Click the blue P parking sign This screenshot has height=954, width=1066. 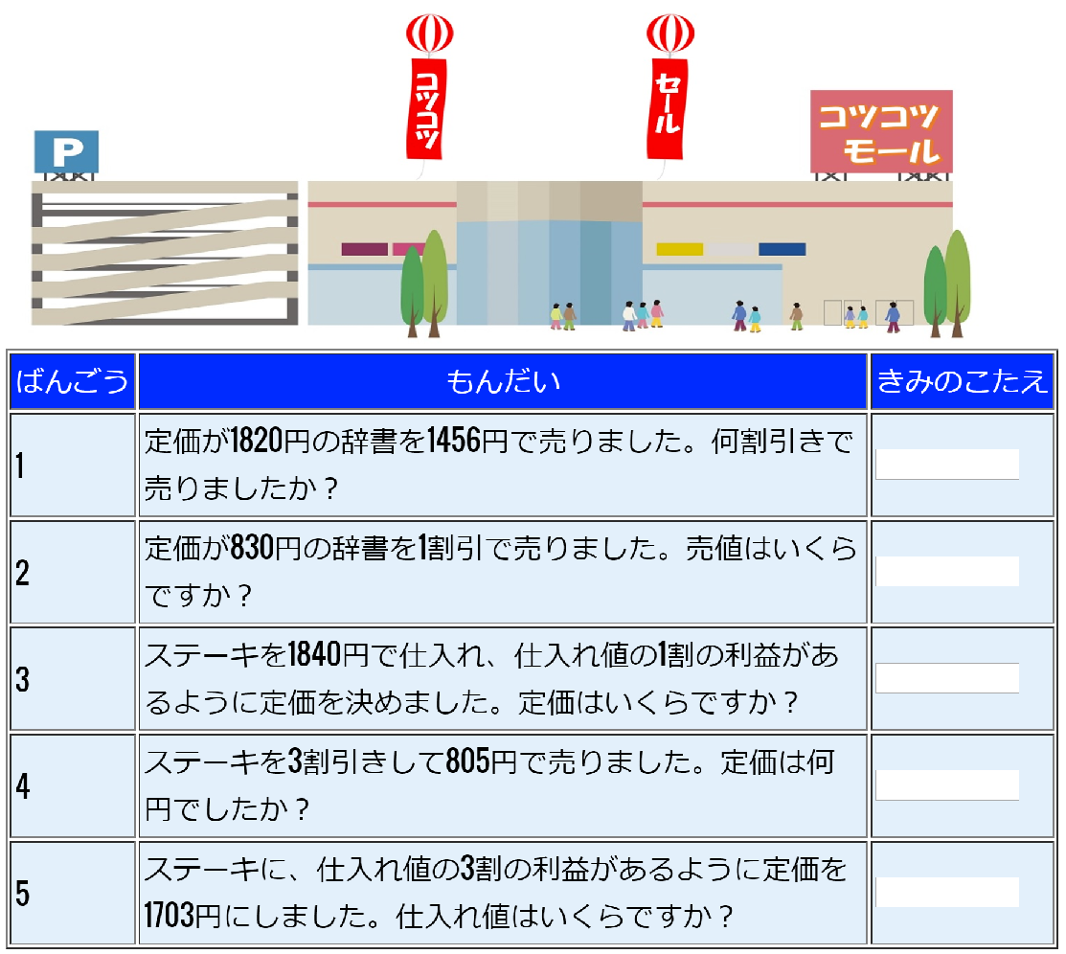(x=66, y=151)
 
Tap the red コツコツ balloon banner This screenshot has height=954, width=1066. (x=428, y=105)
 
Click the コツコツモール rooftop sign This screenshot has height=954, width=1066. (x=881, y=131)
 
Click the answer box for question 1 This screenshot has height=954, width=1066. (x=946, y=465)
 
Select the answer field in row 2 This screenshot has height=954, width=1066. (x=946, y=572)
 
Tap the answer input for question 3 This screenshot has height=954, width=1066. (x=946, y=678)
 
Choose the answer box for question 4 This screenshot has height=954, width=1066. (x=946, y=785)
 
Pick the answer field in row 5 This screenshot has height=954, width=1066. (x=946, y=893)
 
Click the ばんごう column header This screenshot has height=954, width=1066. (x=72, y=381)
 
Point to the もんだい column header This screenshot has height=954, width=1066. (x=503, y=381)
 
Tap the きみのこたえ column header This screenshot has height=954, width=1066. (x=962, y=381)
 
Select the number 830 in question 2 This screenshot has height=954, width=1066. (x=252, y=549)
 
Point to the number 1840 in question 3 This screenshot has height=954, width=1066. (x=315, y=656)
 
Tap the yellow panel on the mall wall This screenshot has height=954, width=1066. (x=679, y=249)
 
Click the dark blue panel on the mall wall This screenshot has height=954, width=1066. (x=782, y=249)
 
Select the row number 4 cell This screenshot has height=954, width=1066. (x=72, y=786)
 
